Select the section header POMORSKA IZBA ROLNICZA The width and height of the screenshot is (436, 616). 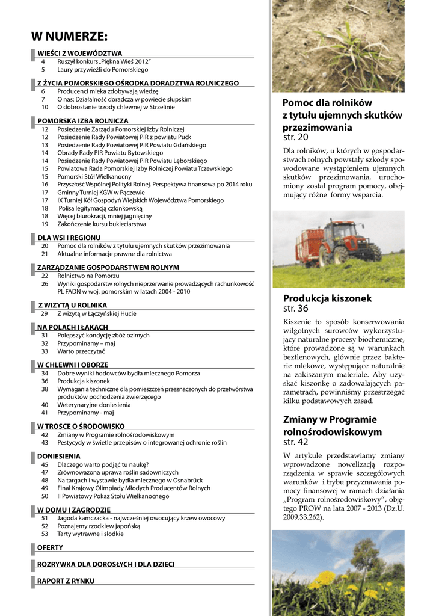pyautogui.click(x=83, y=121)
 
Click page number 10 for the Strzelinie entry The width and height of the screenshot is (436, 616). pyautogui.click(x=45, y=107)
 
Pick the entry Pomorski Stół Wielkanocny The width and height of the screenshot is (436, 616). pyautogui.click(x=94, y=177)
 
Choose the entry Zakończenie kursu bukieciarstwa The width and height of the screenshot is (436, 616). pyautogui.click(x=102, y=224)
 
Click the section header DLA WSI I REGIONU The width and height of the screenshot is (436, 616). pyautogui.click(x=69, y=238)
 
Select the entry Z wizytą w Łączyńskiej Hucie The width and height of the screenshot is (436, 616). pyautogui.click(x=97, y=313)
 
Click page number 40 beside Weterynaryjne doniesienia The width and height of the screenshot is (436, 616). pyautogui.click(x=45, y=405)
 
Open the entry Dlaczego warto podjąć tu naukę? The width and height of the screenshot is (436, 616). pyautogui.click(x=103, y=464)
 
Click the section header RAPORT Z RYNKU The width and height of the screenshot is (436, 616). pyautogui.click(x=66, y=581)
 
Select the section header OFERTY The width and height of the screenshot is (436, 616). pyautogui.click(x=50, y=547)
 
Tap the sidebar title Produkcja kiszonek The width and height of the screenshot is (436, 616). pyautogui.click(x=328, y=298)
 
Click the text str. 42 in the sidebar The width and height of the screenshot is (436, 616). pyautogui.click(x=295, y=442)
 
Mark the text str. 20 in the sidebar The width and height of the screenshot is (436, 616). pyautogui.click(x=295, y=138)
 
